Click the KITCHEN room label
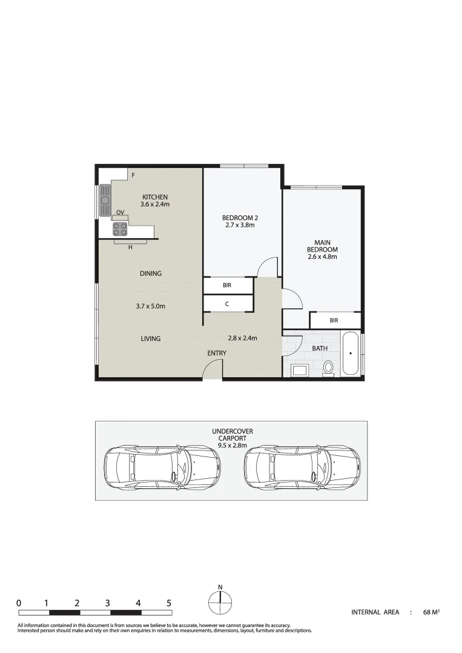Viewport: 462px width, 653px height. pyautogui.click(x=154, y=197)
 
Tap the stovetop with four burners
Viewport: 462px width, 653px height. pyautogui.click(x=120, y=229)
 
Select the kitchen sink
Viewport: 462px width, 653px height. pyautogui.click(x=105, y=197)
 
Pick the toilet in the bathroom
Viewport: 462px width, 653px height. pyautogui.click(x=329, y=367)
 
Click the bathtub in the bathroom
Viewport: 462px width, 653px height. pyautogui.click(x=351, y=354)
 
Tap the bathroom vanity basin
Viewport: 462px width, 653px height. pyautogui.click(x=300, y=369)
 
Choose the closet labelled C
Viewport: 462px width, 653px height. pyautogui.click(x=227, y=303)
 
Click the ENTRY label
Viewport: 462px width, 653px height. pyautogui.click(x=217, y=353)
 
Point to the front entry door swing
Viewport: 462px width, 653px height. pyautogui.click(x=213, y=369)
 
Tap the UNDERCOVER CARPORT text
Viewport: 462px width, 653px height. pyautogui.click(x=232, y=435)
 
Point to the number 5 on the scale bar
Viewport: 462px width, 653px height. pyautogui.click(x=169, y=603)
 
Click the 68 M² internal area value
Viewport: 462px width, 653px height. pyautogui.click(x=431, y=612)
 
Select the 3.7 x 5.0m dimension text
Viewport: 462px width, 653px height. pyautogui.click(x=150, y=306)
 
